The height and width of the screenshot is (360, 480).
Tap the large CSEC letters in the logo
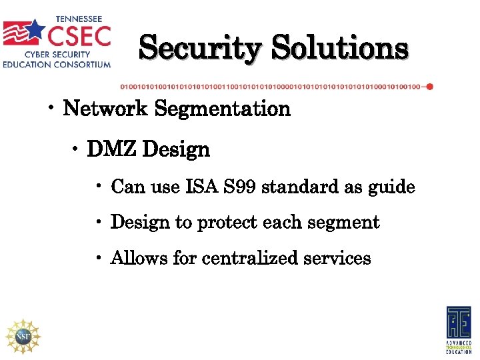click(x=79, y=35)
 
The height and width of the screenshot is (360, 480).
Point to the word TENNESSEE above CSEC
click(x=79, y=18)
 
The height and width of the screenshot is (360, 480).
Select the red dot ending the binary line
click(x=429, y=87)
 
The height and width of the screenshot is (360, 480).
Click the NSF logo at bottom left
click(x=23, y=336)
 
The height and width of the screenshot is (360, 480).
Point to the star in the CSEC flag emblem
click(x=35, y=29)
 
